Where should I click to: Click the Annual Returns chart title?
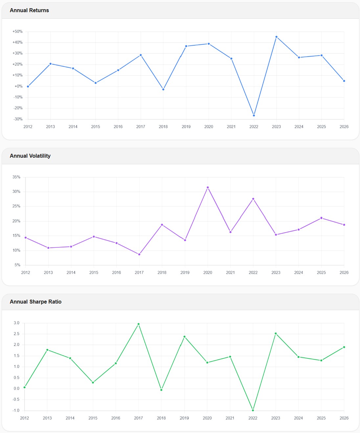(x=29, y=11)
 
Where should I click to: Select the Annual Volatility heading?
(x=30, y=156)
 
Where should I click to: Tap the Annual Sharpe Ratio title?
(x=35, y=302)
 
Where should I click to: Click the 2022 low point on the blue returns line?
(x=254, y=115)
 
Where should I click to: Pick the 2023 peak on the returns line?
(x=276, y=37)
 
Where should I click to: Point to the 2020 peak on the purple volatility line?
(x=208, y=188)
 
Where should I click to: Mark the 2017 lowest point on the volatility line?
(x=139, y=254)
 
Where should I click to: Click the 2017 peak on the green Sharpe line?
(x=139, y=324)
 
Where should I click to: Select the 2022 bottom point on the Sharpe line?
(x=253, y=410)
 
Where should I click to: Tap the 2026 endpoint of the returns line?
(x=344, y=81)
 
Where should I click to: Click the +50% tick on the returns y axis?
(x=17, y=32)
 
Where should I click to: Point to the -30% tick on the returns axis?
(x=18, y=119)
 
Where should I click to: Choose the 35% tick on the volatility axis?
(x=16, y=177)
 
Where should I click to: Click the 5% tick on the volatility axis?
(x=17, y=265)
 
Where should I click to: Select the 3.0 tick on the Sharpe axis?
(x=16, y=323)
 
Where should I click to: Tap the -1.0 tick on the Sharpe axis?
(x=16, y=410)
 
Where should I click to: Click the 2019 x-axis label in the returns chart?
(x=186, y=127)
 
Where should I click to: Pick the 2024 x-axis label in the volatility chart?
(x=299, y=273)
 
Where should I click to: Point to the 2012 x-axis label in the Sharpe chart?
(x=24, y=418)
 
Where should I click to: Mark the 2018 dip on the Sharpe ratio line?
(x=161, y=390)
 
